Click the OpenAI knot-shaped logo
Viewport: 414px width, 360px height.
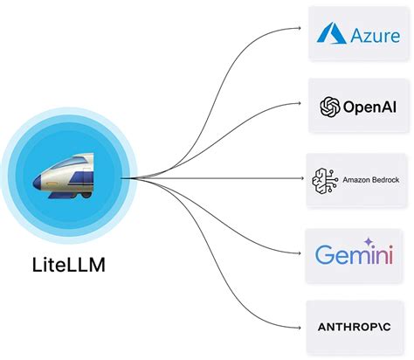329,107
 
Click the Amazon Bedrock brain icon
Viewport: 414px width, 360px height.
324,179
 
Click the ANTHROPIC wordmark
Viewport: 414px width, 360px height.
358,327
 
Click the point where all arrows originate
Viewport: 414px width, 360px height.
122,179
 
